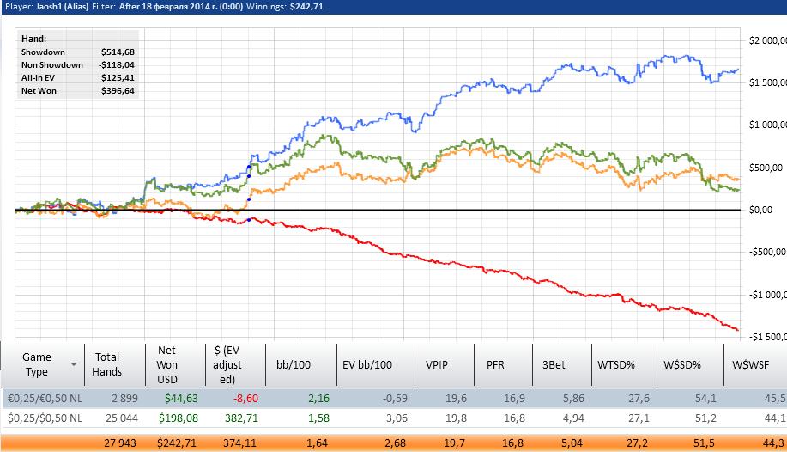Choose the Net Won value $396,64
117,90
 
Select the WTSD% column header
616,364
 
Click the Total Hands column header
107,364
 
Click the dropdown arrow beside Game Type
74,364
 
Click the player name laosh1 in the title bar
53,6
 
